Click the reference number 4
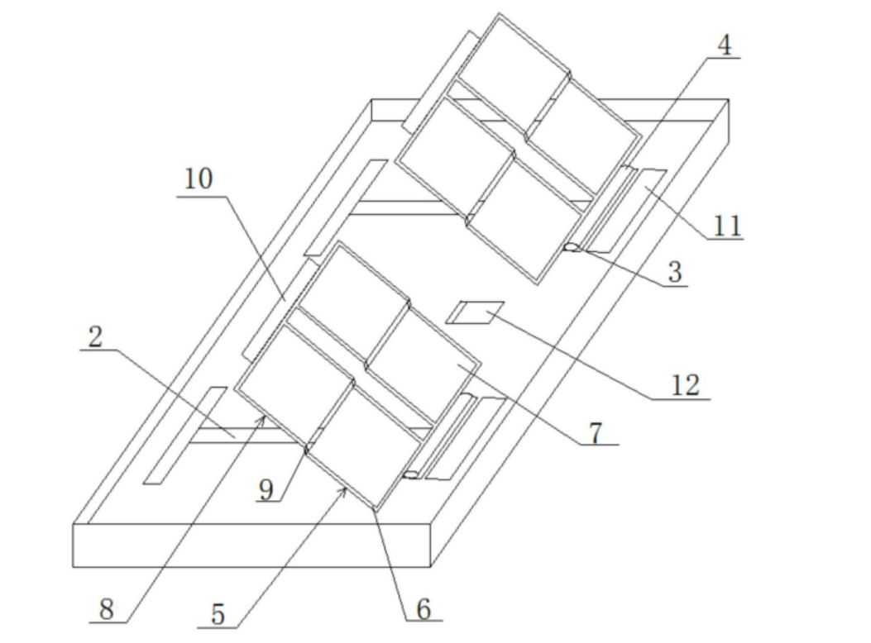point(725,45)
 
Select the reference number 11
point(727,226)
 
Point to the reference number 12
point(686,385)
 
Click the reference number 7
point(596,433)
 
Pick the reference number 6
point(424,609)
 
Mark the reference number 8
point(106,609)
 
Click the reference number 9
point(266,490)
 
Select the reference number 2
point(96,336)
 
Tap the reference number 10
point(199,179)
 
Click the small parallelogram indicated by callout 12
point(476,312)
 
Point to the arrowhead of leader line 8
point(262,419)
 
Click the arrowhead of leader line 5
point(344,490)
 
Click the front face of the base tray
point(252,545)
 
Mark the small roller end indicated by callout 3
point(570,247)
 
